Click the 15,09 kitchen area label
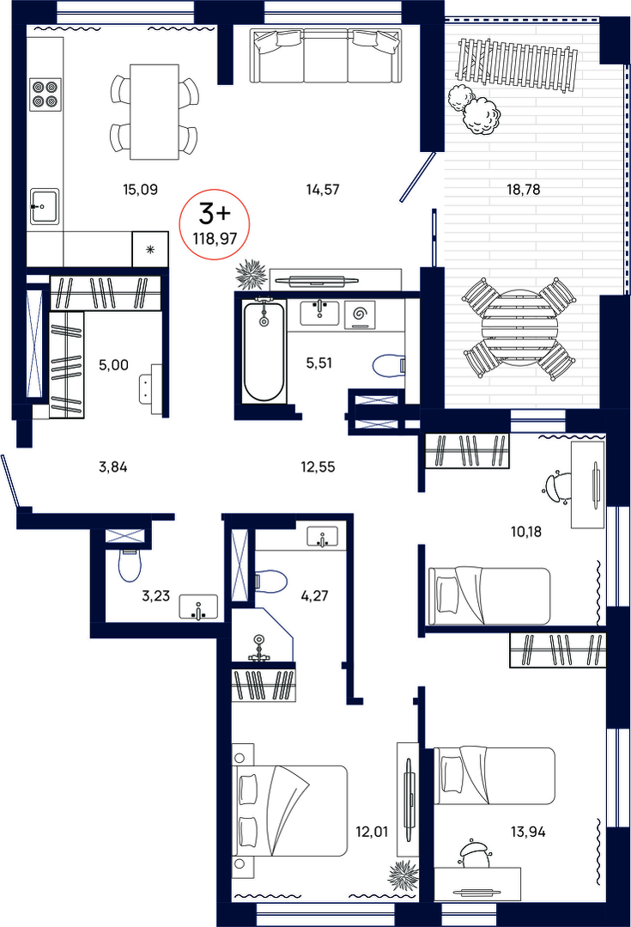140,190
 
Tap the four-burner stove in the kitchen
46,94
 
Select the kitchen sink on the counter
45,205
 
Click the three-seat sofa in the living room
325,57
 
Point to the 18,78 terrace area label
524,190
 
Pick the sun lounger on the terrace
517,65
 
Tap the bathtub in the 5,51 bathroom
264,351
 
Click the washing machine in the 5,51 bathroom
359,314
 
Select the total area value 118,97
215,239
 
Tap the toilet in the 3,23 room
130,565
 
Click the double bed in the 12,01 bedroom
289,810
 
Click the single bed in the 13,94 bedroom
494,776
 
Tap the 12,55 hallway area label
318,467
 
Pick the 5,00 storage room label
113,365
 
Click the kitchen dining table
155,112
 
